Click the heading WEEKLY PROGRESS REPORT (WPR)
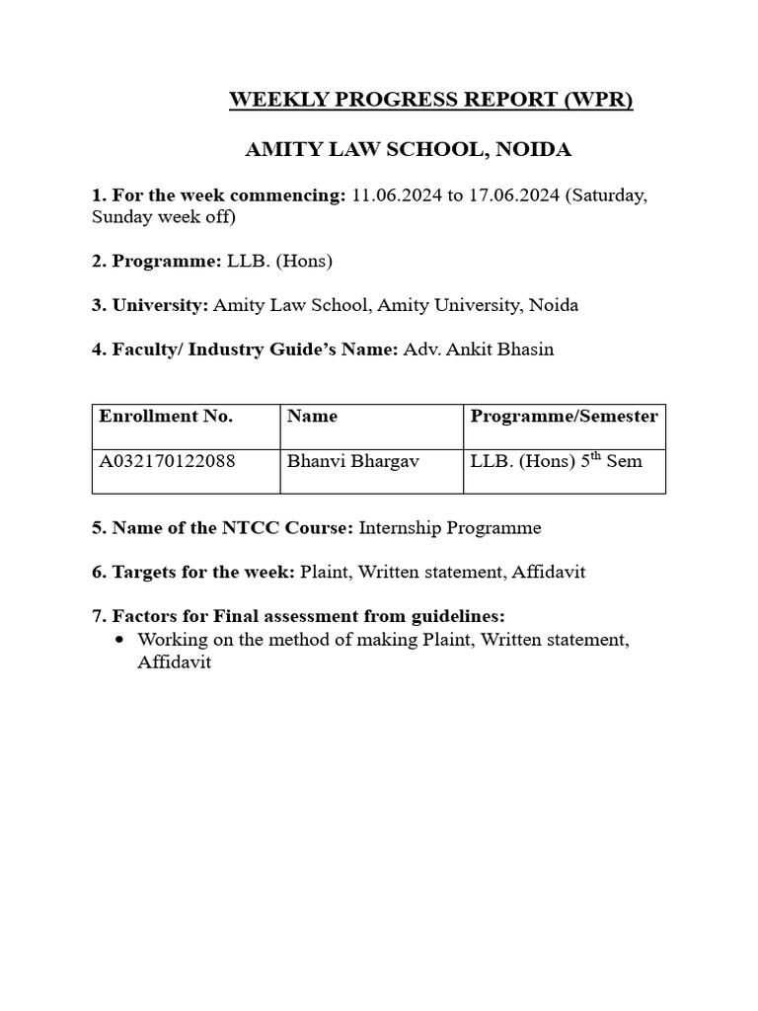(431, 101)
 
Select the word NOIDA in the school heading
(534, 151)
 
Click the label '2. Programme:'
(156, 262)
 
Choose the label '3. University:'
(150, 305)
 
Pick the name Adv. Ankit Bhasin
(479, 350)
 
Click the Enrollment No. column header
(166, 417)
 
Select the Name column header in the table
(312, 417)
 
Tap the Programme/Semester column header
(564, 417)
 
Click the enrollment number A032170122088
(167, 461)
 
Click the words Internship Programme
(450, 528)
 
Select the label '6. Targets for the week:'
(193, 573)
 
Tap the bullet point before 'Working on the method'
(119, 640)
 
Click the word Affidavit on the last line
(175, 663)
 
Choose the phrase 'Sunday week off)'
(164, 217)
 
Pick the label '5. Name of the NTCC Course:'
(222, 528)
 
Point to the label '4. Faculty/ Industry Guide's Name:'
(245, 350)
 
